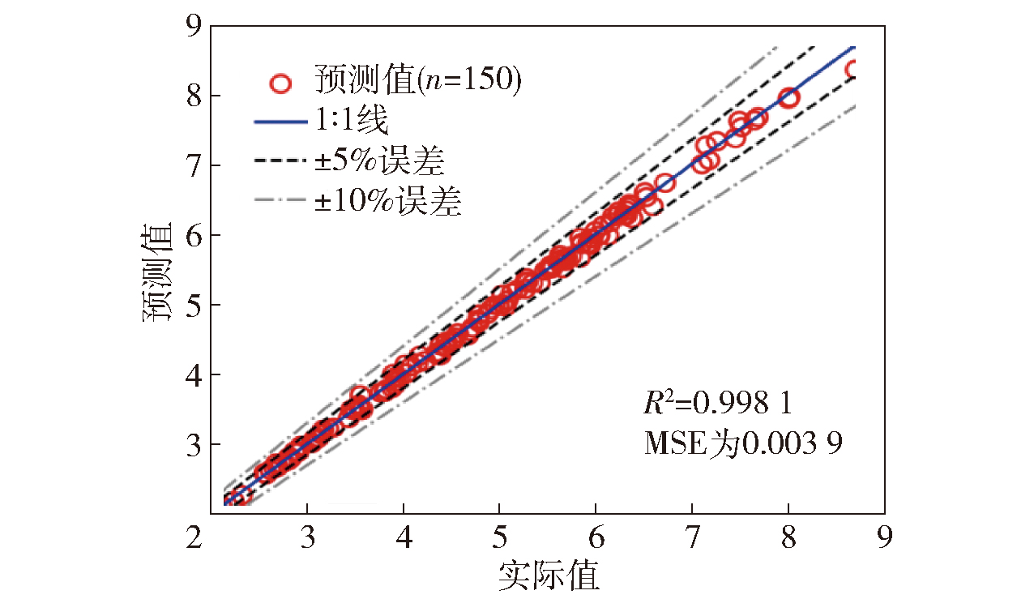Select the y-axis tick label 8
192,96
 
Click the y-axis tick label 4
192,374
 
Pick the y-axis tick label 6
192,235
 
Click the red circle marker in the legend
280,83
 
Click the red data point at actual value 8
788,98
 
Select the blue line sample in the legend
280,122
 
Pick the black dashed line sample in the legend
280,162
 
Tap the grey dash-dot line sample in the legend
280,202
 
